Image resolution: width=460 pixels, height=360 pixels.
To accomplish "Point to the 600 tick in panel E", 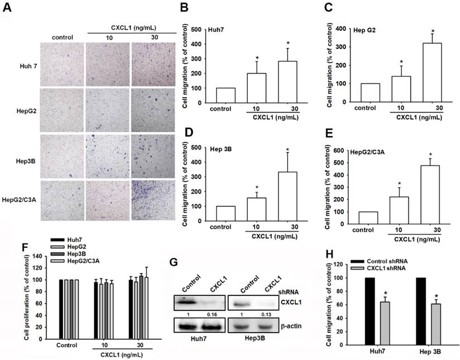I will tap(344, 150).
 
